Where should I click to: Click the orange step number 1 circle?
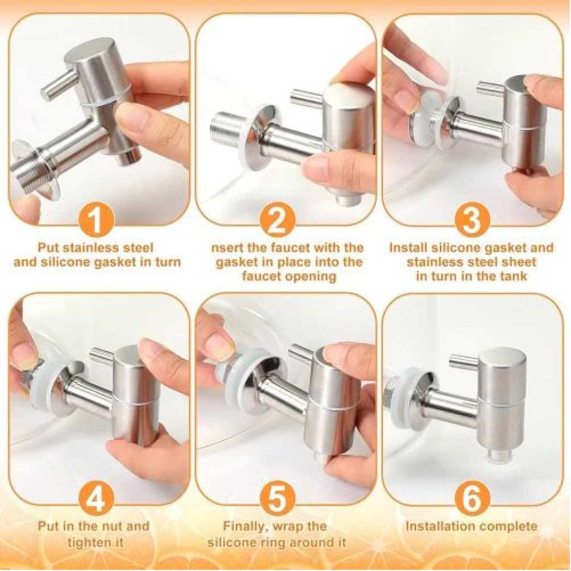97,220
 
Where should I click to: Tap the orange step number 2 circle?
278,220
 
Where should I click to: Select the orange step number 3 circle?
472,220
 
